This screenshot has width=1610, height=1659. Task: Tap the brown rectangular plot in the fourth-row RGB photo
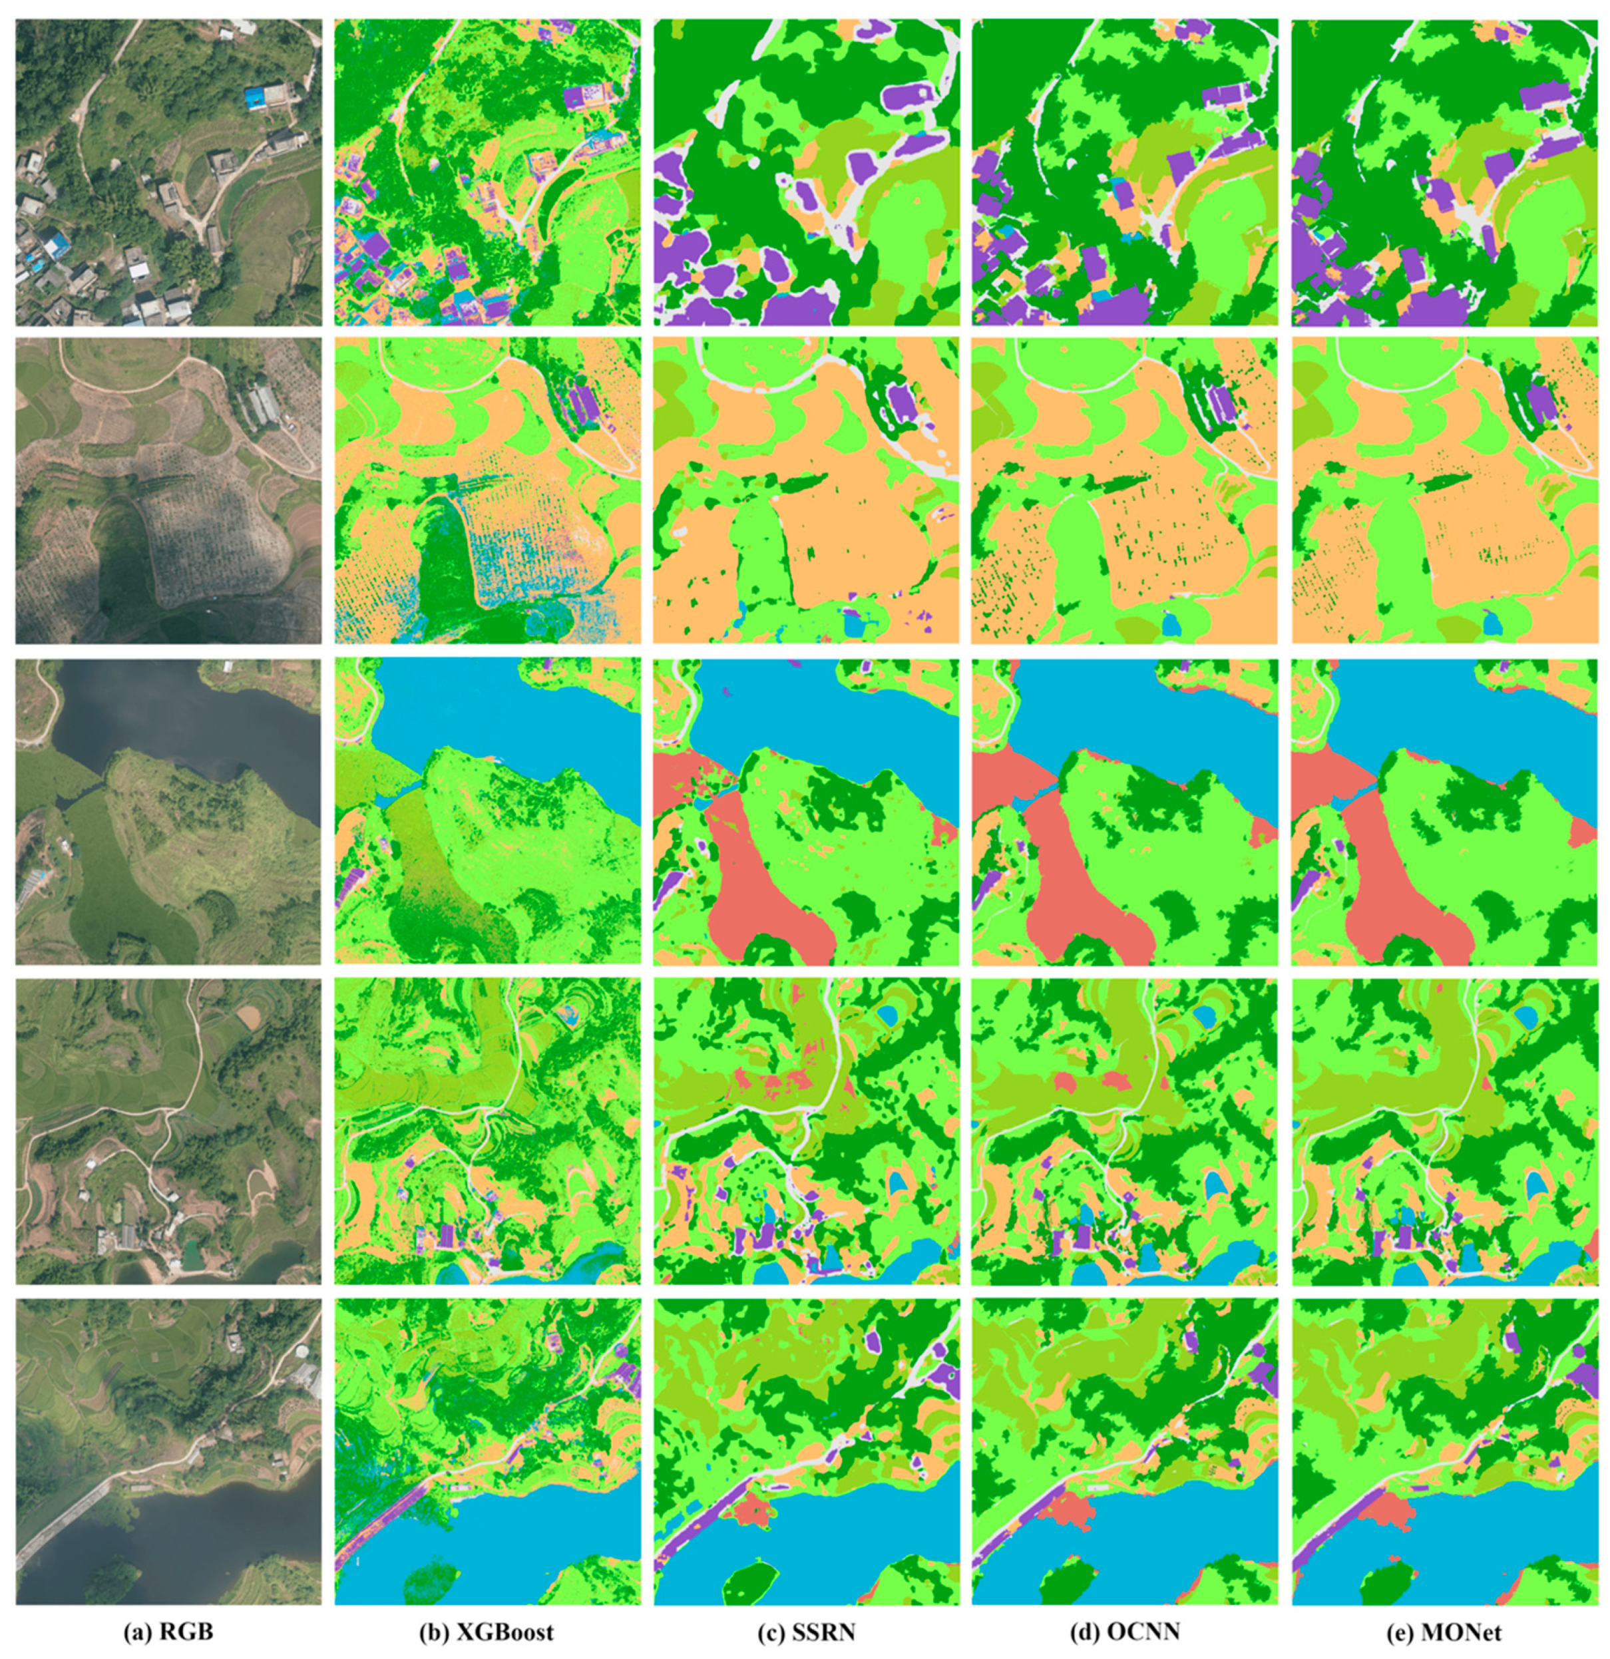pos(249,1012)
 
